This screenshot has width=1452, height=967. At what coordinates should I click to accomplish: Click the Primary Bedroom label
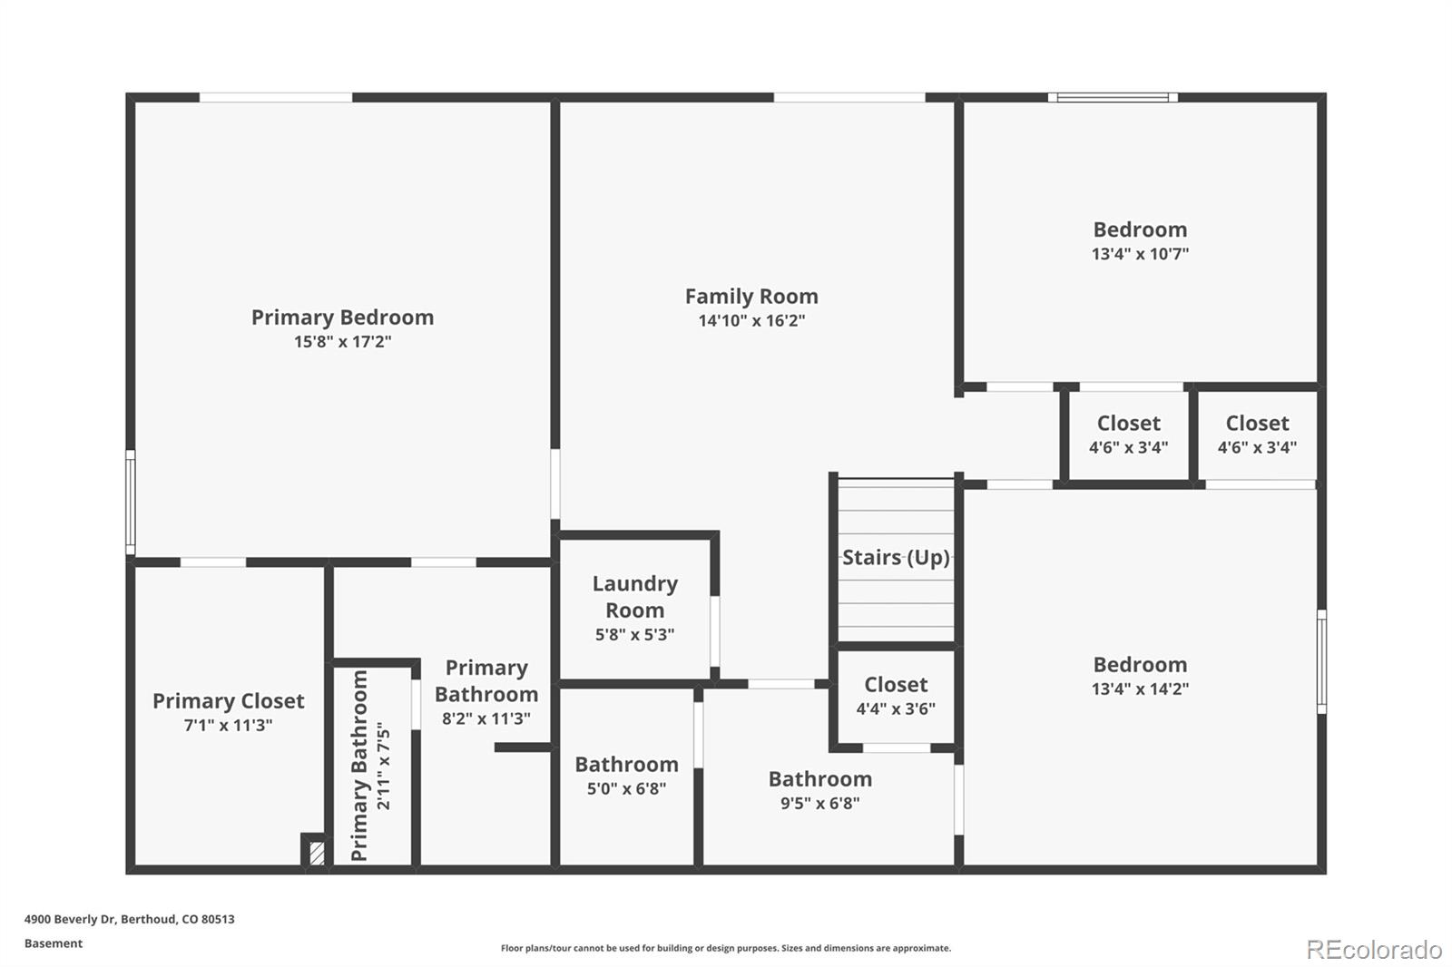click(342, 317)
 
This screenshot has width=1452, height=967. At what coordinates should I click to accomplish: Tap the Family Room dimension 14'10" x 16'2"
click(751, 320)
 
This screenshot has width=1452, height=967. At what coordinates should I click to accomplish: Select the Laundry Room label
click(634, 596)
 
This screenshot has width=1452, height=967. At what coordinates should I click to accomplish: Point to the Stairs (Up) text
click(895, 557)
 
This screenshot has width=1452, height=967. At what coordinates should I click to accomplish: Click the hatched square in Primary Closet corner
click(317, 853)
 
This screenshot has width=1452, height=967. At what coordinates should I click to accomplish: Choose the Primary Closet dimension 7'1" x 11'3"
click(228, 725)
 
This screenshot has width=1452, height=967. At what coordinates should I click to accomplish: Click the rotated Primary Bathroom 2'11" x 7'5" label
click(370, 765)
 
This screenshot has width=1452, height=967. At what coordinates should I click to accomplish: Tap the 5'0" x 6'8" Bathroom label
click(626, 776)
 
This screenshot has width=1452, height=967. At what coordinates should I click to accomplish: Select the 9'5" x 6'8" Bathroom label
click(820, 789)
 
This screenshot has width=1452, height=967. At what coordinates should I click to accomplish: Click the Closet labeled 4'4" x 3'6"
click(895, 696)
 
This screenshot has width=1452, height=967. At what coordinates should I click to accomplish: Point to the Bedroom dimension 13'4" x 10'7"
click(1140, 253)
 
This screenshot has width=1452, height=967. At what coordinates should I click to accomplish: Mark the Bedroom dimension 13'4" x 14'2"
click(1140, 689)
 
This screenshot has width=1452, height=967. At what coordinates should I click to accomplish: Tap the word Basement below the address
click(54, 943)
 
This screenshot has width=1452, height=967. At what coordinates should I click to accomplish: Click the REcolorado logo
click(1374, 950)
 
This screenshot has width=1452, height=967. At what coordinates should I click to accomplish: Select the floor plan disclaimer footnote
click(725, 948)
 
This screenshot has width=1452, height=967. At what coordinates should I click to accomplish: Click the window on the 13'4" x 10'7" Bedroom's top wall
click(1113, 98)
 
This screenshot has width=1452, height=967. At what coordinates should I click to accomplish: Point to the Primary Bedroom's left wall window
click(131, 503)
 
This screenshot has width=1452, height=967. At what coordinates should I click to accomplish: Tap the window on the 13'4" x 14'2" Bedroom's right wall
click(1321, 661)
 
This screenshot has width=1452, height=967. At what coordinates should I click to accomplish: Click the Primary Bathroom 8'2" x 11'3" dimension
click(486, 718)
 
